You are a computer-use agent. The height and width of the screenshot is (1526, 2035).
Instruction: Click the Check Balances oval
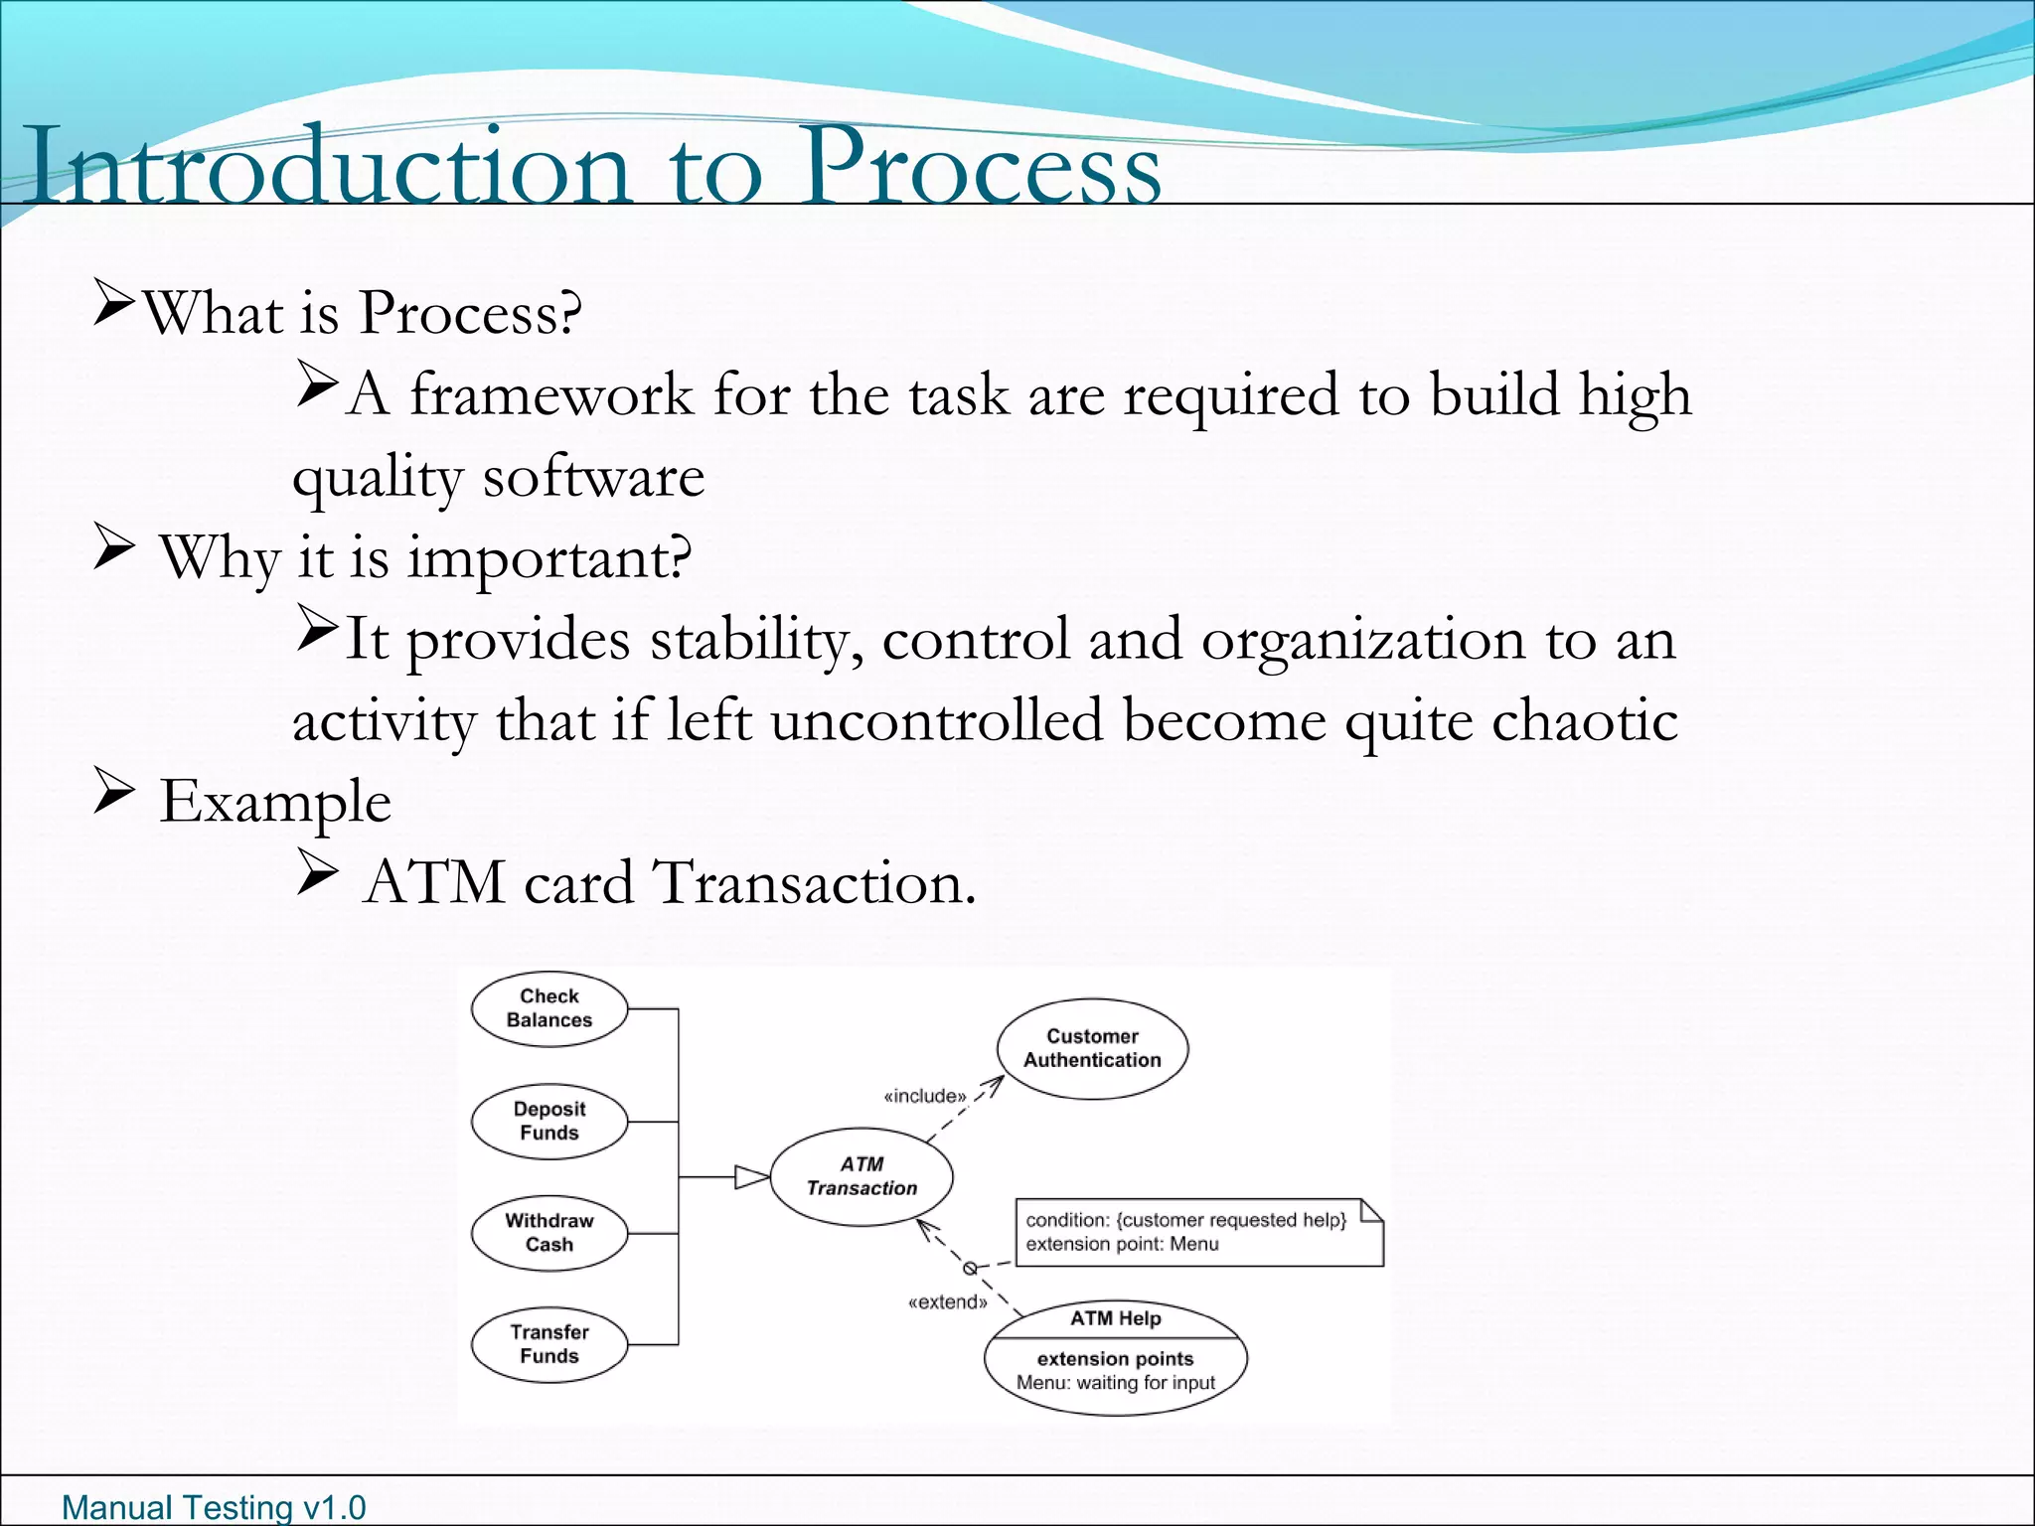coord(548,1008)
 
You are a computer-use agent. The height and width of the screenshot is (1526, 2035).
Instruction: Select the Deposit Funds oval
coord(548,1121)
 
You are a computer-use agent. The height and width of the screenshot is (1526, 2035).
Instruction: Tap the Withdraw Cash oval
coord(548,1233)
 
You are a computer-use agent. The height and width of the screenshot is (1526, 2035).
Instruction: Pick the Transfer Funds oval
coord(548,1344)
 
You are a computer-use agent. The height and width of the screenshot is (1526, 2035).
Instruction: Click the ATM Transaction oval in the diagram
coord(861,1176)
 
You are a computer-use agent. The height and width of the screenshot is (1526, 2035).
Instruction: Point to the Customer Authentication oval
coord(1092,1048)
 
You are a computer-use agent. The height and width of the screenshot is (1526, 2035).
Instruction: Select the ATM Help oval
coord(1115,1357)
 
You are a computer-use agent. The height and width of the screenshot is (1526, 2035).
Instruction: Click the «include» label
coord(924,1096)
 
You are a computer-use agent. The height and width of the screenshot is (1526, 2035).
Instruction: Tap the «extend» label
coord(947,1302)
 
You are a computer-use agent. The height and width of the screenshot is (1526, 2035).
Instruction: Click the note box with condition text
coord(1197,1232)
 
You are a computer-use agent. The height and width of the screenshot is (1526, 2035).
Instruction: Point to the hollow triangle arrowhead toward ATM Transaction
coord(751,1177)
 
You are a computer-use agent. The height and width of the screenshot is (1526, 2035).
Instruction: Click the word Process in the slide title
coord(982,167)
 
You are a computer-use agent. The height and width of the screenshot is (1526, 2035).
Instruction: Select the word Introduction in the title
coord(328,167)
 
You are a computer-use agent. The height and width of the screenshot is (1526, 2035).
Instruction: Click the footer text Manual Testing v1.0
coord(214,1507)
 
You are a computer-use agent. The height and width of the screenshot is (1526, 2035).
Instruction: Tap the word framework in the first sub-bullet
coord(551,394)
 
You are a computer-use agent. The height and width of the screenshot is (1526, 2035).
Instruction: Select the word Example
coord(275,802)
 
